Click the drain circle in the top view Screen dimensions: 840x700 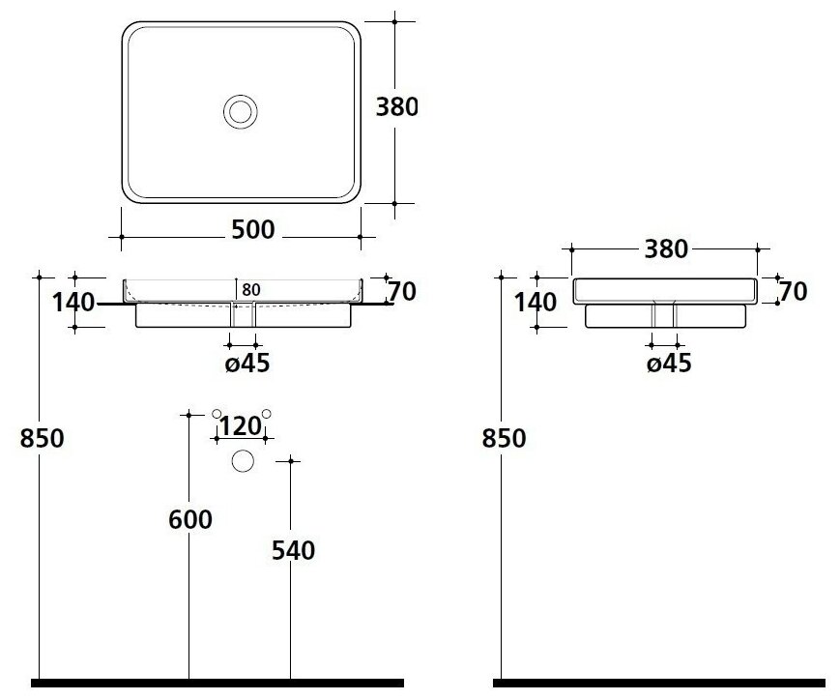[x=240, y=110]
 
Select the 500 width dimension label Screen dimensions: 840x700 [x=253, y=230]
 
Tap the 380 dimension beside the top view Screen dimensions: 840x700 [x=396, y=106]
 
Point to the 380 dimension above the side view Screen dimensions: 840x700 [x=665, y=249]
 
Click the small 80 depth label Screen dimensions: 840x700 [x=251, y=289]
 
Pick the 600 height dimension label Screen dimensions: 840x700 [x=189, y=520]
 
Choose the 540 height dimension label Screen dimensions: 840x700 [x=294, y=551]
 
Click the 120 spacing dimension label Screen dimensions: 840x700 [x=241, y=426]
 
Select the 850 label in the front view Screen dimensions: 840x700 [x=42, y=438]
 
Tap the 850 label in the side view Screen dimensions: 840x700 [x=504, y=438]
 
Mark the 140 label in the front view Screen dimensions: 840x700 [x=73, y=304]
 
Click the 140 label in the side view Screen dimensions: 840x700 [x=535, y=302]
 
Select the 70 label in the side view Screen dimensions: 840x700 [x=792, y=291]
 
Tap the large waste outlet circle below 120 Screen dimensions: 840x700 [x=242, y=462]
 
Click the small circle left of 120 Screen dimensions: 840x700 [x=217, y=414]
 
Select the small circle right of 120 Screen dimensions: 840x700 [x=267, y=414]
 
